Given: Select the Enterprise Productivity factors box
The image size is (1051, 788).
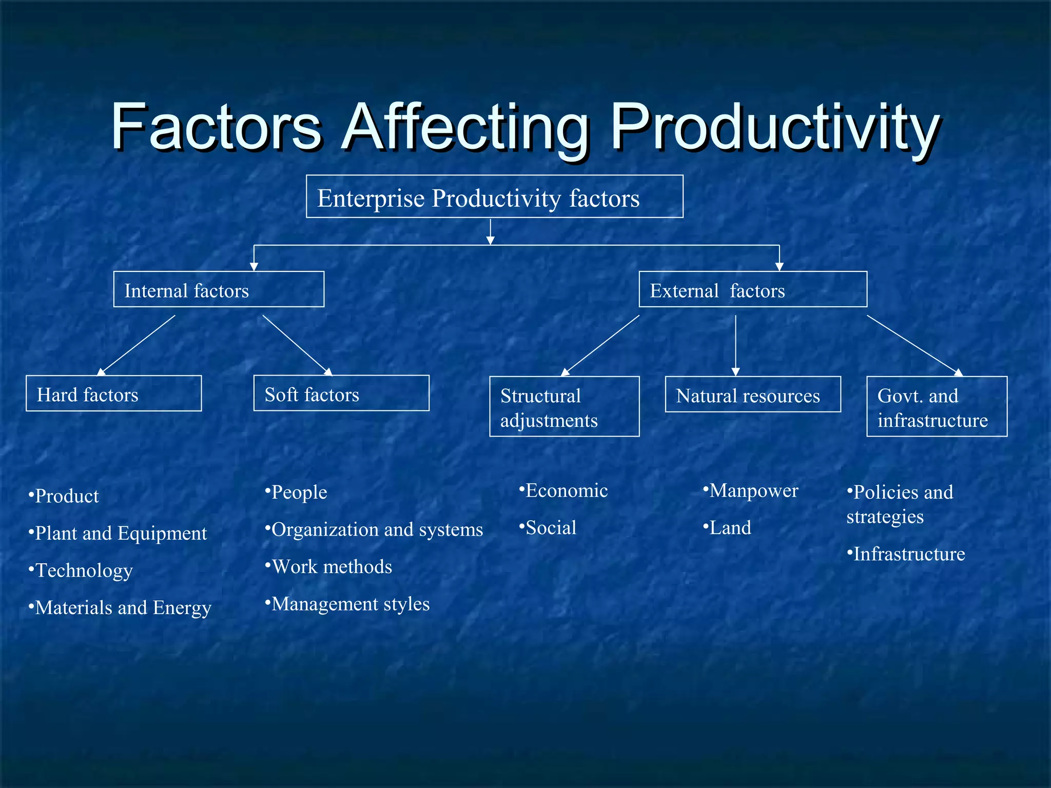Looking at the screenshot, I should (494, 197).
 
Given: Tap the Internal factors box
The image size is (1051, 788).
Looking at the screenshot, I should (219, 290).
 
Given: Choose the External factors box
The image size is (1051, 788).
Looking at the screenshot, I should (752, 290).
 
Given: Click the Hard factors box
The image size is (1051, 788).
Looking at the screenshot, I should (113, 394).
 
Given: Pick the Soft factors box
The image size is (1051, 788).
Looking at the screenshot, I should (341, 393).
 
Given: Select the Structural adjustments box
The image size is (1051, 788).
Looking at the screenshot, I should (564, 407).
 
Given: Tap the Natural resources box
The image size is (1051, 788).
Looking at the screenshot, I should (752, 395).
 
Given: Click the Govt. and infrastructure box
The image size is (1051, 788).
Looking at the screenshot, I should (936, 407).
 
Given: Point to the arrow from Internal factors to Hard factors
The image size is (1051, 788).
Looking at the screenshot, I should (136, 345).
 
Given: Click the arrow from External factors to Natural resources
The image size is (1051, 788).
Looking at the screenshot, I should (735, 345).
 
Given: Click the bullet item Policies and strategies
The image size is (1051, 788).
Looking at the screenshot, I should (901, 504).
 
